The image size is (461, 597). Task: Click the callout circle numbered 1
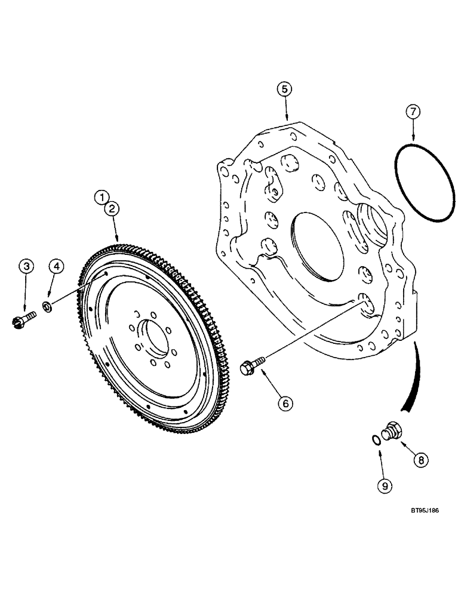(x=102, y=196)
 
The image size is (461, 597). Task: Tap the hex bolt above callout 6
(x=251, y=365)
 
